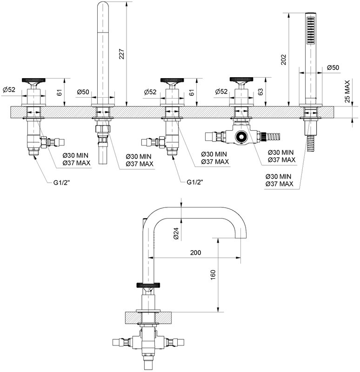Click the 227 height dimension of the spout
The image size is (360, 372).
pyautogui.click(x=121, y=54)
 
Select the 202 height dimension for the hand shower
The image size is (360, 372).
pyautogui.click(x=283, y=60)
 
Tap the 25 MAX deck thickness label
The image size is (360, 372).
pyautogui.click(x=347, y=91)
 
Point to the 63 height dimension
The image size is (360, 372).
pyautogui.click(x=260, y=92)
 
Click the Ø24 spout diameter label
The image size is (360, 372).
pyautogui.click(x=176, y=233)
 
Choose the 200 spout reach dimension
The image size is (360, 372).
pyautogui.click(x=195, y=252)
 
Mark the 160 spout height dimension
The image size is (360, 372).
pyautogui.click(x=213, y=275)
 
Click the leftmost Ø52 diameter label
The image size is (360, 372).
pyautogui.click(x=9, y=90)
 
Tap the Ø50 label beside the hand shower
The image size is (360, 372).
pyautogui.click(x=333, y=67)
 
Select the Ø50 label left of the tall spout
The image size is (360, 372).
pyautogui.click(x=83, y=92)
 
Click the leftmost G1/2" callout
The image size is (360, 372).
pyautogui.click(x=61, y=182)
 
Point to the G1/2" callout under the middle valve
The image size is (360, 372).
pyautogui.click(x=195, y=182)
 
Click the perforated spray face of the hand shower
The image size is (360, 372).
pyautogui.click(x=310, y=30)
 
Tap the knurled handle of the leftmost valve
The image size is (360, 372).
pyautogui.click(x=33, y=80)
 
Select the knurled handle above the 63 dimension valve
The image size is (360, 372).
pyautogui.click(x=241, y=79)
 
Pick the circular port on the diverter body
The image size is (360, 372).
pyautogui.click(x=241, y=137)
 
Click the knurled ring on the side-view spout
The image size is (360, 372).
pyautogui.click(x=149, y=285)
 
